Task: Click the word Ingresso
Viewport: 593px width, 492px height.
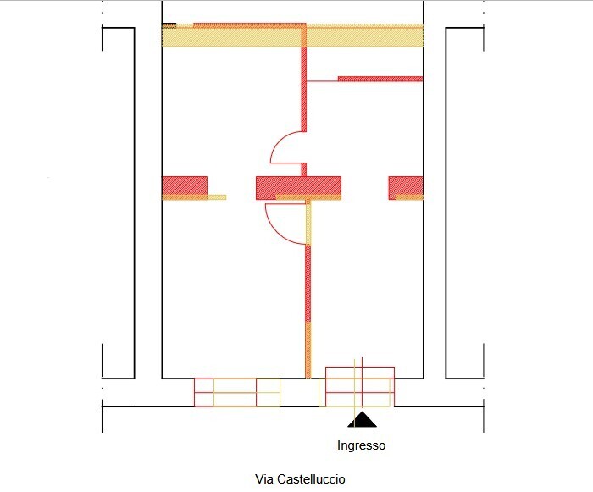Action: pyautogui.click(x=361, y=445)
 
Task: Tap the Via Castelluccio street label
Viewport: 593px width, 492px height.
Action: pyautogui.click(x=300, y=479)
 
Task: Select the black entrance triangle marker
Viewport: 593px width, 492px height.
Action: pyautogui.click(x=362, y=419)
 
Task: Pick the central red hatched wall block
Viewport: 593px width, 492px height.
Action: pyautogui.click(x=298, y=188)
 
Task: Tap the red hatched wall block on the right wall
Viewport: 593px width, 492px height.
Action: pyautogui.click(x=406, y=188)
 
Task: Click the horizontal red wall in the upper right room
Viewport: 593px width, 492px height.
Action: pyautogui.click(x=380, y=79)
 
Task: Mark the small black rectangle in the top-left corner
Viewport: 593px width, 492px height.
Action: pyautogui.click(x=169, y=25)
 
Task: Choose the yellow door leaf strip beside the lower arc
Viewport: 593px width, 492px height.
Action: pyautogui.click(x=308, y=223)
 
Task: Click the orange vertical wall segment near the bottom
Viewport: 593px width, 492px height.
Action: pyautogui.click(x=308, y=350)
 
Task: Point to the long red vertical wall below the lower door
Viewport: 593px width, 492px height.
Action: pyautogui.click(x=308, y=284)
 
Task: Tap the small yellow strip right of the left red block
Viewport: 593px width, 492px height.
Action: pyautogui.click(x=217, y=197)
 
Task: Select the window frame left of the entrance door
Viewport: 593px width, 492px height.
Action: pyautogui.click(x=237, y=393)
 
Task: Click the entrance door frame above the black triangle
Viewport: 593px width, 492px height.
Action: pyautogui.click(x=360, y=386)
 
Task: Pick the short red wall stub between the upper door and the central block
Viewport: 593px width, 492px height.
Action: pyautogui.click(x=303, y=169)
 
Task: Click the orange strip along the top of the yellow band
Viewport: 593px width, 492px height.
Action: pyautogui.click(x=250, y=25)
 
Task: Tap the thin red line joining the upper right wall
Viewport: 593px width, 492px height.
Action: pyautogui.click(x=322, y=81)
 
